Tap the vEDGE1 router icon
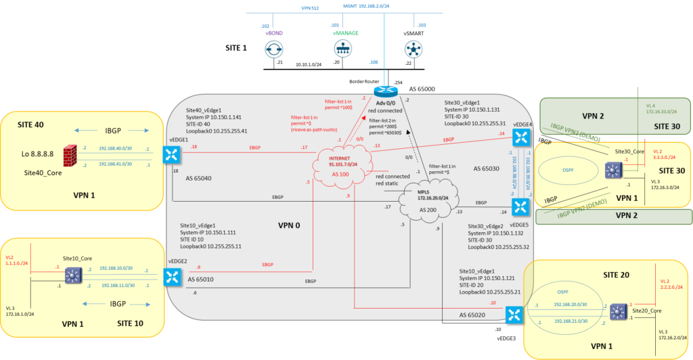click(171, 155)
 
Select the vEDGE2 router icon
click(173, 276)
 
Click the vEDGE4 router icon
click(520, 138)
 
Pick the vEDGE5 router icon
click(520, 206)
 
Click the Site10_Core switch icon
click(72, 276)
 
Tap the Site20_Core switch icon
click(618, 312)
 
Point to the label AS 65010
click(201, 279)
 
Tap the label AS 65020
click(473, 315)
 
